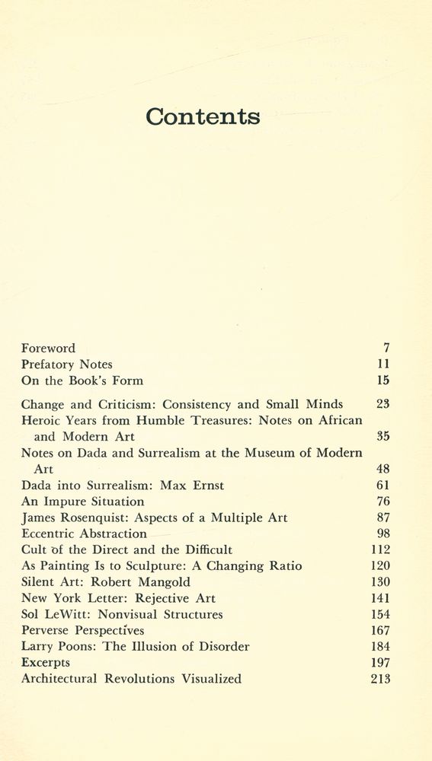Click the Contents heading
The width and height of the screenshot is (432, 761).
point(203,116)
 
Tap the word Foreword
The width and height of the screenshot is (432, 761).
point(48,349)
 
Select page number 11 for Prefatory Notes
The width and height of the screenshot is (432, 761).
point(383,365)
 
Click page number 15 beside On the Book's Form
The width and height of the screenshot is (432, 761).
point(382,380)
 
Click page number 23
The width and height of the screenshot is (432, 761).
point(382,405)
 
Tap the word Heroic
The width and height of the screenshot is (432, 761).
point(43,421)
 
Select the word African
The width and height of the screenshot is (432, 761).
point(336,421)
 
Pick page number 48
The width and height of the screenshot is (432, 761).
point(382,470)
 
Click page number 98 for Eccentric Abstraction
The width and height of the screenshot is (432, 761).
point(382,533)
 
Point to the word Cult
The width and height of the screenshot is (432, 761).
point(35,550)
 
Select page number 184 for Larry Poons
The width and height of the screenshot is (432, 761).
point(380,647)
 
